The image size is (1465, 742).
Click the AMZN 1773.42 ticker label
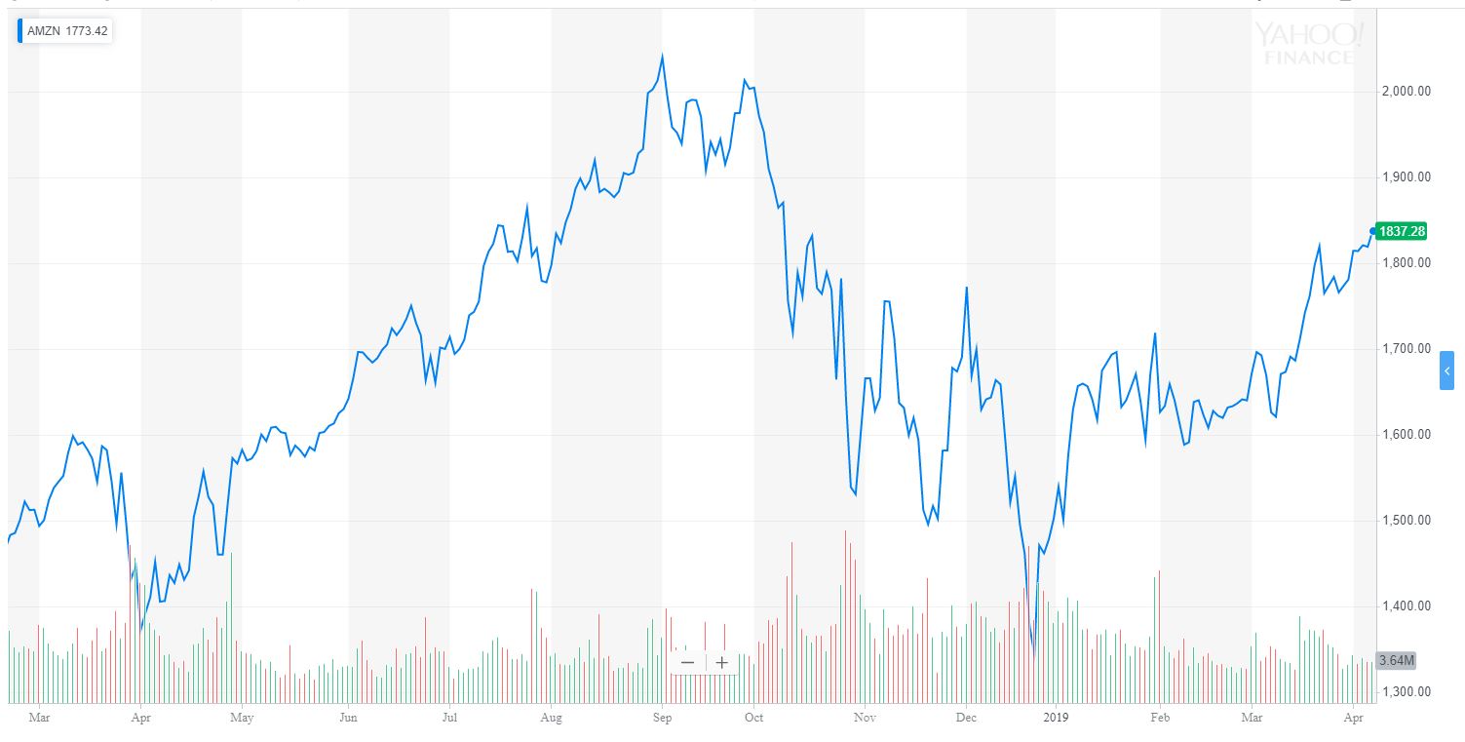tap(67, 31)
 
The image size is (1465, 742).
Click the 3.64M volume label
tap(1397, 661)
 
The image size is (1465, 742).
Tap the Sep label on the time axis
tap(662, 718)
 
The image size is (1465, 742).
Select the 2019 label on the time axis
tap(1057, 718)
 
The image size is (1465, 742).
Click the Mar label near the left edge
tap(40, 718)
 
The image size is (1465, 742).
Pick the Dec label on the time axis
tap(966, 718)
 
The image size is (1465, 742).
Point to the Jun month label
tap(349, 718)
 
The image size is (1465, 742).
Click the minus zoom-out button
tap(687, 662)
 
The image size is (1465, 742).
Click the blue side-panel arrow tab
tap(1446, 371)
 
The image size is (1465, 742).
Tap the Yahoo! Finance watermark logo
tap(1308, 43)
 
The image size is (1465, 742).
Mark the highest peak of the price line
tap(662, 57)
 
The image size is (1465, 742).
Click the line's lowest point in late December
tap(1033, 654)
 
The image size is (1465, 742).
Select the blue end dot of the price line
tap(1372, 231)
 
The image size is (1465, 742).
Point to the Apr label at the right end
tap(1355, 718)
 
